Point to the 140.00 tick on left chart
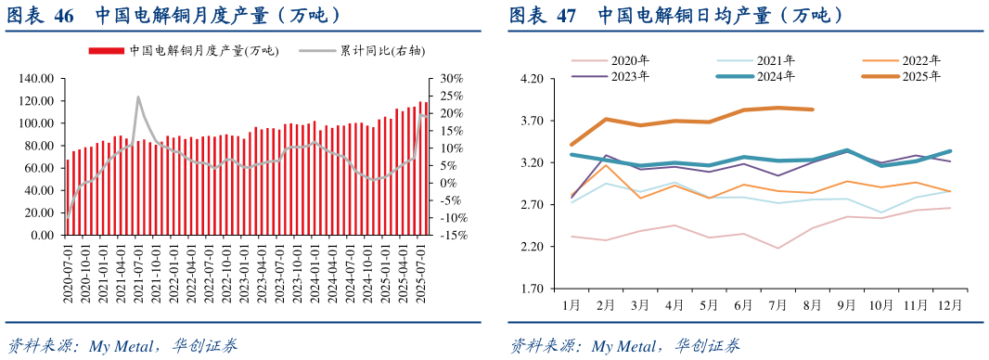38,78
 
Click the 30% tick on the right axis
453,78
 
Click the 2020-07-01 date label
68,273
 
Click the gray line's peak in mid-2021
138,96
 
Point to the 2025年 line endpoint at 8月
813,109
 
